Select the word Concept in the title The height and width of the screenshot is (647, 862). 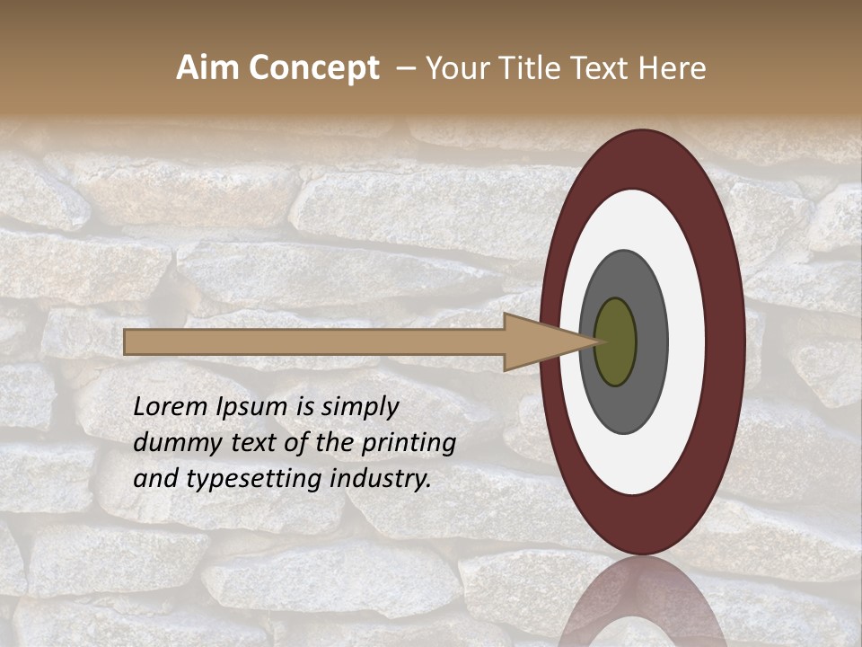tap(313, 68)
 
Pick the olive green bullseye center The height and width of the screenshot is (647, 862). tap(615, 341)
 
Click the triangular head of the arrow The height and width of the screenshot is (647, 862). tap(548, 341)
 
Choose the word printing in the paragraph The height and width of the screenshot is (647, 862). tap(409, 443)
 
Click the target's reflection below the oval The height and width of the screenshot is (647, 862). tap(641, 602)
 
